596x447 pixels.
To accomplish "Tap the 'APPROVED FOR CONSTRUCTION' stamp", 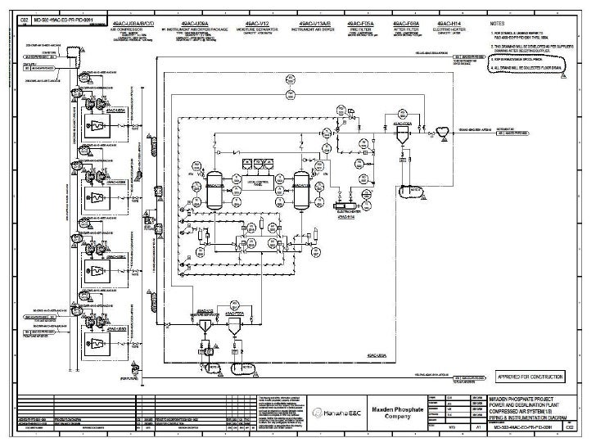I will (531, 377).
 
